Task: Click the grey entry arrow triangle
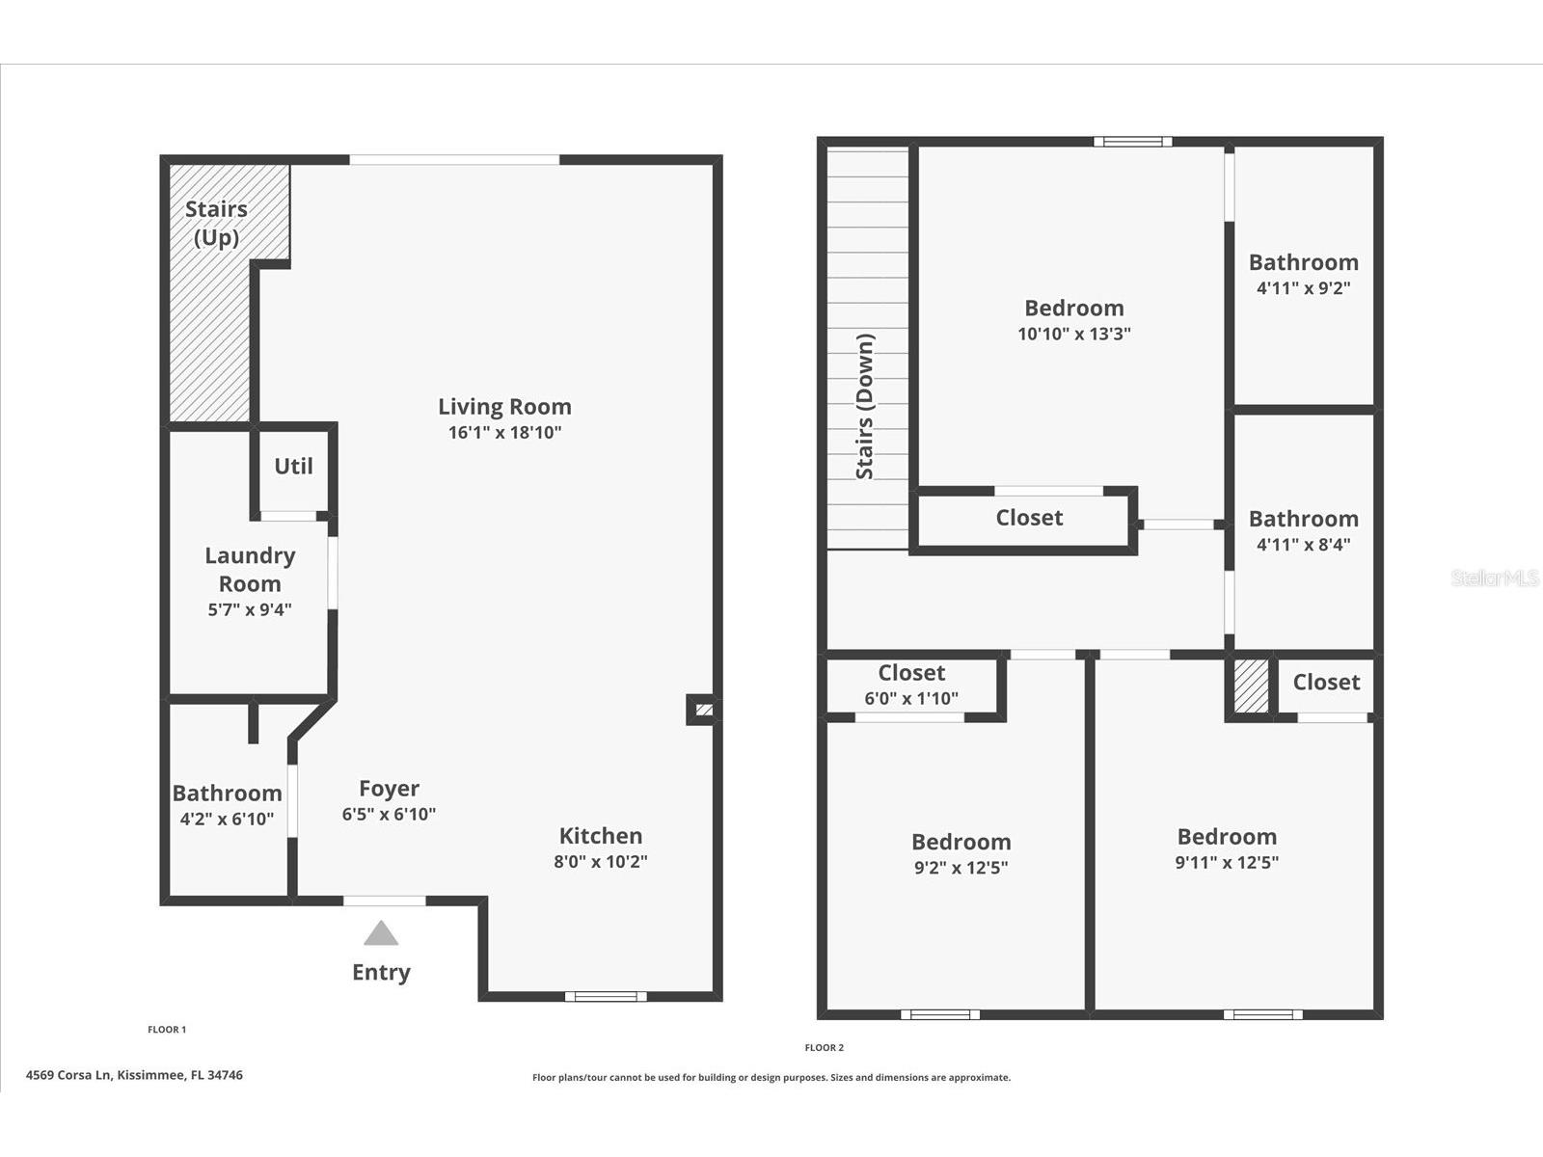pos(381,933)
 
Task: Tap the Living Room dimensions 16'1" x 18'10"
pos(504,433)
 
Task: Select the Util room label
pos(293,466)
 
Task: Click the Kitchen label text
pos(601,836)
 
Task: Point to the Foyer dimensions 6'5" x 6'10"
pos(389,814)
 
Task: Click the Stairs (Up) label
pos(217,224)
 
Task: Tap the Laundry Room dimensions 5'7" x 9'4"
pos(250,609)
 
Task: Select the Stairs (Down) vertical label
pos(865,407)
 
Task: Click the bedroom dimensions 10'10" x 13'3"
pos(1074,334)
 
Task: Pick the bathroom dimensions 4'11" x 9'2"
pos(1303,288)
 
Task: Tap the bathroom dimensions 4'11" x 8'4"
pos(1303,545)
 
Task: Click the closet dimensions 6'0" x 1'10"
pos(911,698)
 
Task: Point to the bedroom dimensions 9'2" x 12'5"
pos(961,868)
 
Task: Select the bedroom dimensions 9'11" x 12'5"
pos(1227,863)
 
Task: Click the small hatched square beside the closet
pos(1251,686)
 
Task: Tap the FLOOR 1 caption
pos(167,1030)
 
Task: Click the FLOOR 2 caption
pos(824,1047)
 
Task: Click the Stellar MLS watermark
pos(1495,578)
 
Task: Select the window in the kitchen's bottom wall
pos(606,996)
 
